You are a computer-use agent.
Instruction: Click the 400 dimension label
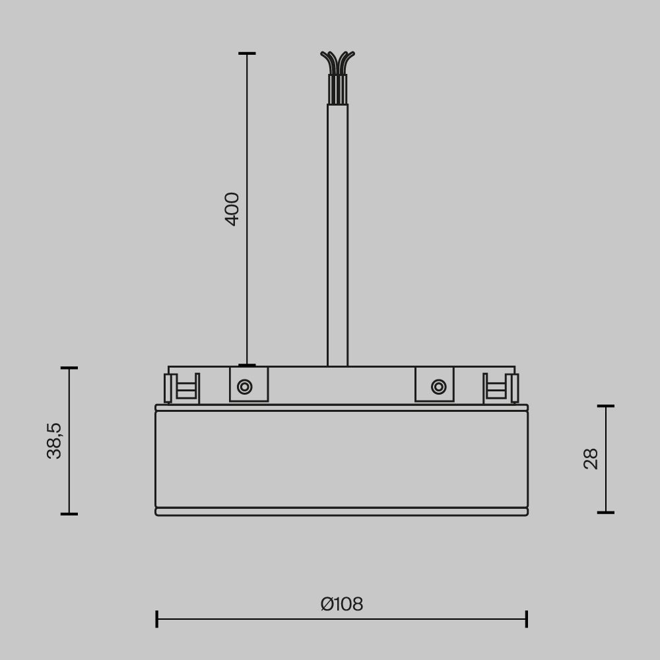coord(232,209)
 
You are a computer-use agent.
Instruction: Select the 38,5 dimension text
coord(54,440)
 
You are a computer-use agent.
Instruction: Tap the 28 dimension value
coord(591,459)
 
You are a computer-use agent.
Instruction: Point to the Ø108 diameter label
coord(342,604)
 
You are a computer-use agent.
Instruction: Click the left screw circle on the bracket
coord(245,387)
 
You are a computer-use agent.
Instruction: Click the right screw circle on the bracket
coord(438,387)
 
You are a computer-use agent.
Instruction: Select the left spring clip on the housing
coord(181,388)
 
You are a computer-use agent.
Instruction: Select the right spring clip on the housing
coord(501,388)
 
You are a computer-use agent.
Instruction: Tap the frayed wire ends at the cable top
coord(337,61)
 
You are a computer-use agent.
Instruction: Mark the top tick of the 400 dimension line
coord(247,53)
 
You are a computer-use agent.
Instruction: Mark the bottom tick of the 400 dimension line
coord(247,365)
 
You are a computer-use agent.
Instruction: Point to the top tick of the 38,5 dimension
coord(69,368)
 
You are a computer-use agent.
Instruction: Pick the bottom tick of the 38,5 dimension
coord(69,513)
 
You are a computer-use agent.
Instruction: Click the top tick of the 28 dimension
coord(606,406)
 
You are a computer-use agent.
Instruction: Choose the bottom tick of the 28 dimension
coord(606,512)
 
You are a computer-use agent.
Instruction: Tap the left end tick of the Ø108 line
coord(156,619)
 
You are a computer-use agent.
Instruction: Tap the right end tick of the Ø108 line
coord(527,619)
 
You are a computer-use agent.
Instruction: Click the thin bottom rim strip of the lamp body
coord(341,511)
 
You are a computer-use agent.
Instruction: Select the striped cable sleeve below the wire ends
coord(337,89)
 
